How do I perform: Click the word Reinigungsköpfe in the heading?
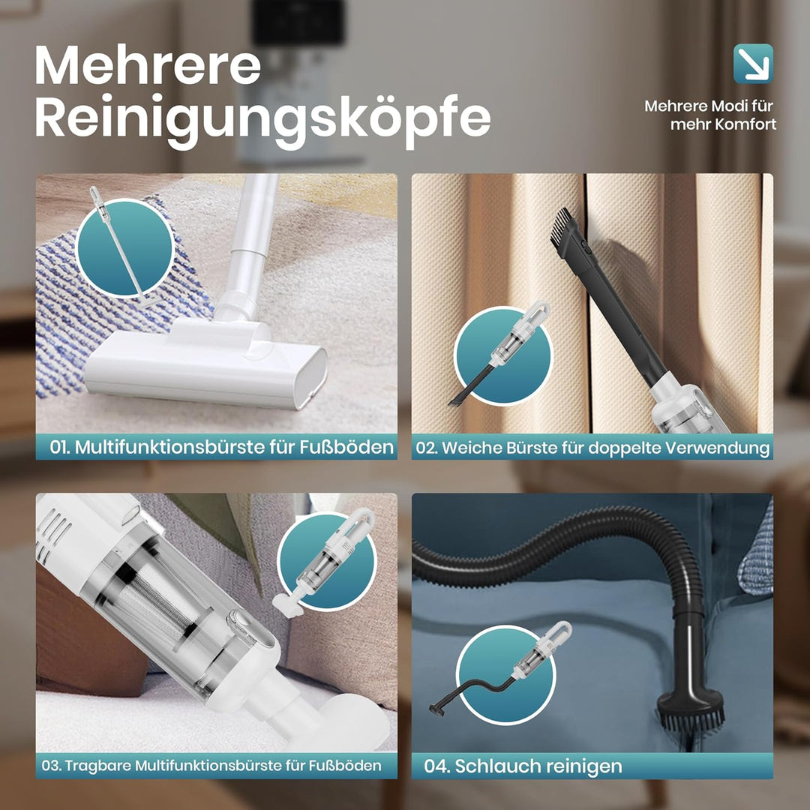(262, 120)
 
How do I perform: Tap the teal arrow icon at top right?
(753, 64)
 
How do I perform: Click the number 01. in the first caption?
(60, 447)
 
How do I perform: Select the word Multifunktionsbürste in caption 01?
(169, 447)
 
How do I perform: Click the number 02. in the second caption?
(427, 448)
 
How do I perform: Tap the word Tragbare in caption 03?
(97, 765)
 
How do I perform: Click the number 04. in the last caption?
(436, 766)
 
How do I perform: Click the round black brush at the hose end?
(690, 710)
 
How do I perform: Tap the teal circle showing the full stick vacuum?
(125, 248)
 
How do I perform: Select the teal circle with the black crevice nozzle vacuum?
(503, 356)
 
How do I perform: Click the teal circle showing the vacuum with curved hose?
(505, 674)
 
